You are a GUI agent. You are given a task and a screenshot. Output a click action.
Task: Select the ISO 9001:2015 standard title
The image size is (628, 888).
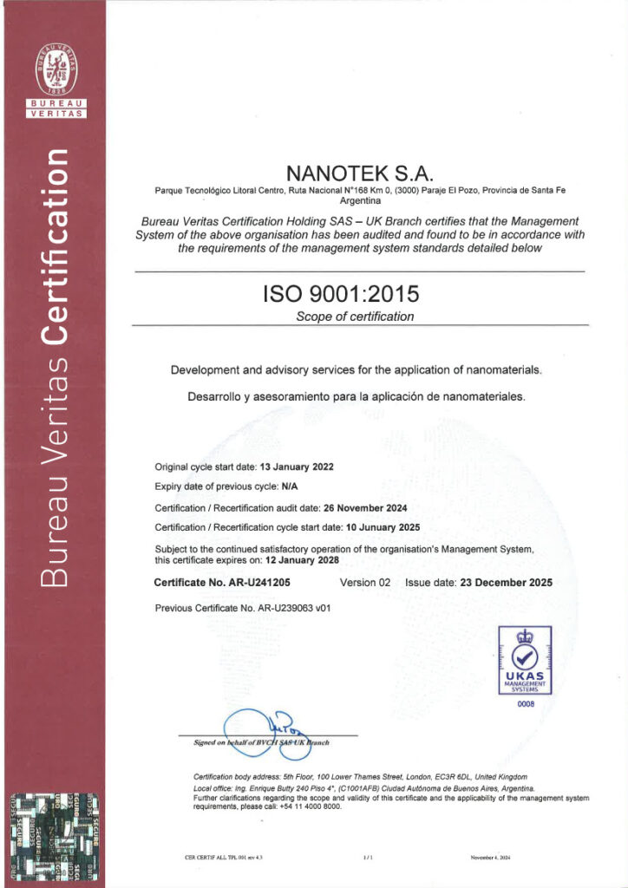coord(358,295)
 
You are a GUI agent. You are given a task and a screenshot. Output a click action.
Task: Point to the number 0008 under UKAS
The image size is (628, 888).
coord(527,704)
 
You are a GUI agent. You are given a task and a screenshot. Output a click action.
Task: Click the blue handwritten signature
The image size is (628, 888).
coord(260,728)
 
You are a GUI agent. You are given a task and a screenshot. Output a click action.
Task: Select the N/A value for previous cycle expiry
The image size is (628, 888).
coord(290,486)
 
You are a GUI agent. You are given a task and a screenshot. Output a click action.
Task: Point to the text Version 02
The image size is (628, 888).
coord(365,583)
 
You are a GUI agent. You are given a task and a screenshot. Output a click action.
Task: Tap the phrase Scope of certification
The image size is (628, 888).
coord(355,317)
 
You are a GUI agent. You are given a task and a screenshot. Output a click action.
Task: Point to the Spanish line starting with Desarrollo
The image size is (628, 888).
coord(356,397)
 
